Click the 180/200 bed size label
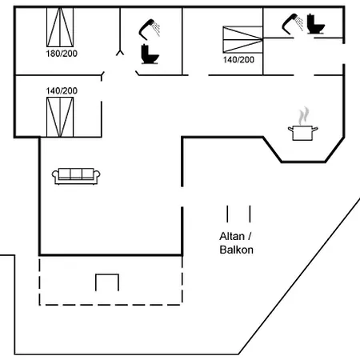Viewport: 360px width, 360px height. coord(62,54)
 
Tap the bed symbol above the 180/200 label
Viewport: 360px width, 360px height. coord(60,27)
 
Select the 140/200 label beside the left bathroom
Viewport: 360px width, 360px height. coord(62,91)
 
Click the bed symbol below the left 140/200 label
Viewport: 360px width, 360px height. coord(60,117)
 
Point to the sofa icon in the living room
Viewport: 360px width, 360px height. coord(76,176)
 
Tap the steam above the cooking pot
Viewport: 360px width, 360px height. coord(304,116)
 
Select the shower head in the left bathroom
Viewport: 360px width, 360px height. coord(150,29)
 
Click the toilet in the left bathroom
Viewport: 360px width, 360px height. coord(150,54)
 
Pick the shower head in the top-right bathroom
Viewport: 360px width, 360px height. coord(293,24)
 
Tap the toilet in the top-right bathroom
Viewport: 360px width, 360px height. coord(316,24)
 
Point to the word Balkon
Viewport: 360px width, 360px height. coord(237,250)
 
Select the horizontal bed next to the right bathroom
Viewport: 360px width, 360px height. coord(243,39)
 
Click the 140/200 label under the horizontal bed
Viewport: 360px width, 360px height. coord(238,60)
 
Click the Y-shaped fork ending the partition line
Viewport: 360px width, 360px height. coord(120,52)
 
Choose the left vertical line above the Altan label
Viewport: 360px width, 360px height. coord(227,214)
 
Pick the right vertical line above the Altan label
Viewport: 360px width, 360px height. coord(250,214)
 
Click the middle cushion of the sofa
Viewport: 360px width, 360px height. coord(76,174)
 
